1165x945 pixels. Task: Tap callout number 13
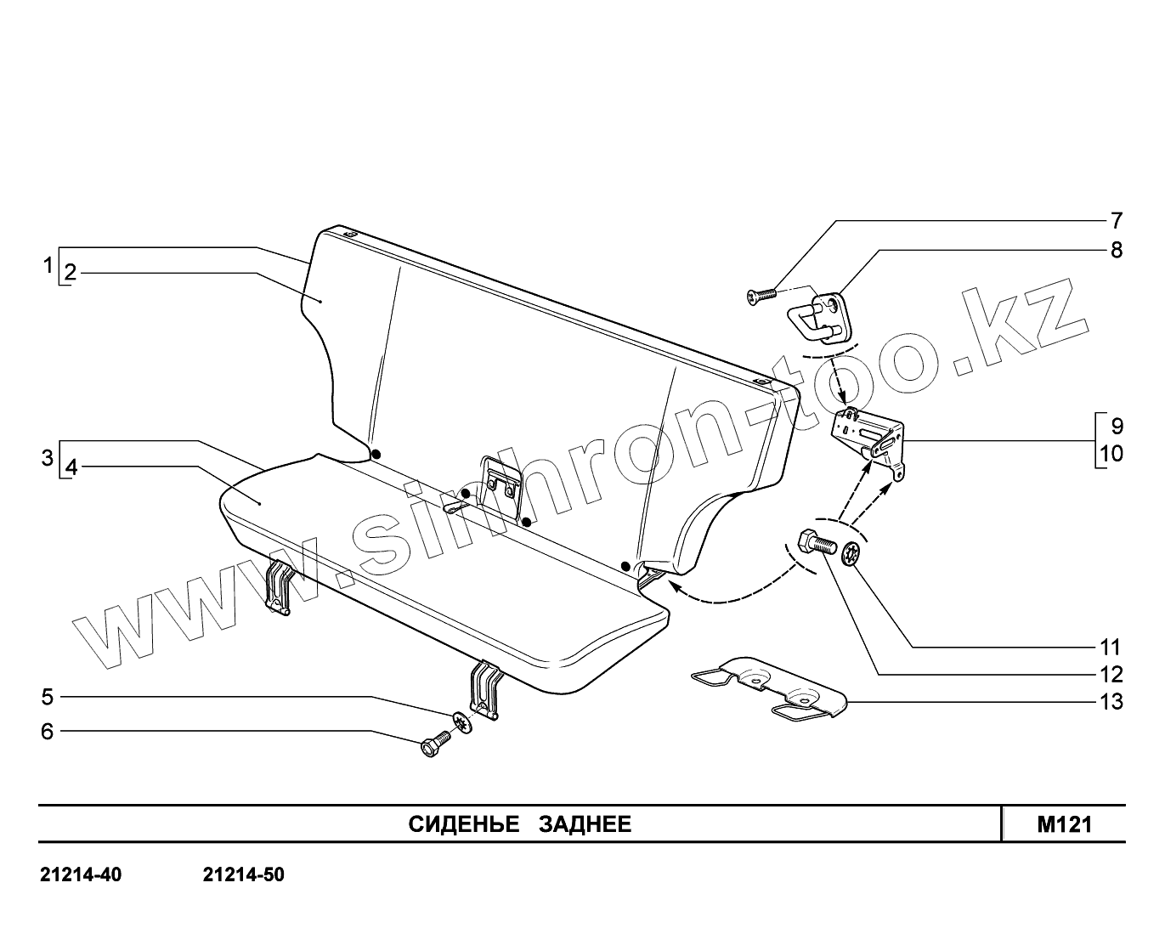tap(1111, 702)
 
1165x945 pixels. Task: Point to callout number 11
tap(1111, 647)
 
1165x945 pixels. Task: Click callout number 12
tap(1111, 675)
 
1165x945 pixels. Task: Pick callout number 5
tap(48, 698)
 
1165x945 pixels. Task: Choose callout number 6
tap(48, 732)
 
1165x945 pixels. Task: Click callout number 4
tap(71, 468)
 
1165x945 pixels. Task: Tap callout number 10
tap(1111, 454)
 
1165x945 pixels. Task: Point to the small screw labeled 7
tap(761, 295)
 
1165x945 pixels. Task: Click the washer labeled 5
tap(461, 722)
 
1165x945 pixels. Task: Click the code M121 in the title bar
tap(1064, 824)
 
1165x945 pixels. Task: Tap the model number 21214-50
tap(244, 875)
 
